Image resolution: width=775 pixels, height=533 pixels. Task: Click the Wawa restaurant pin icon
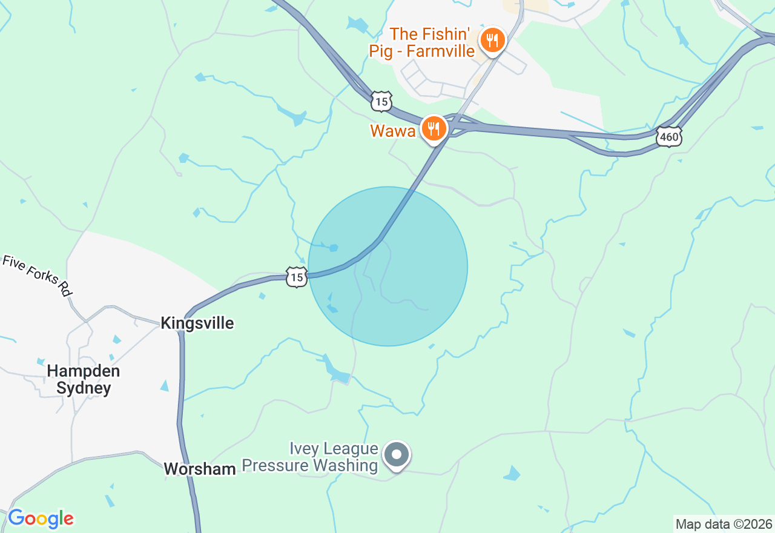[x=434, y=128]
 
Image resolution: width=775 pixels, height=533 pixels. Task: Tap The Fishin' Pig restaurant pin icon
[x=492, y=41]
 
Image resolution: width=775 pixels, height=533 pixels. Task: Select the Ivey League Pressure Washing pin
[x=397, y=454]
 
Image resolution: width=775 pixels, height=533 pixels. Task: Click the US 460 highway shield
[x=669, y=137]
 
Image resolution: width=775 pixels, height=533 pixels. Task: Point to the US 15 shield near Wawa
[x=381, y=102]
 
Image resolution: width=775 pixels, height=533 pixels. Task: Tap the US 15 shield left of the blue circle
[x=297, y=277]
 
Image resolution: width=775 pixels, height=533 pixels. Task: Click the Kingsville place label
[x=197, y=323]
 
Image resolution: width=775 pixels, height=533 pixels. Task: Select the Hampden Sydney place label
[x=84, y=379]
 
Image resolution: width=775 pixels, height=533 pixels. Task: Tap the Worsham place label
[x=200, y=469]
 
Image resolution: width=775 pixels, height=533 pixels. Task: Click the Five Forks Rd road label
[x=38, y=276]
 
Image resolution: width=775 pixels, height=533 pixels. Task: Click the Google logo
[x=41, y=519]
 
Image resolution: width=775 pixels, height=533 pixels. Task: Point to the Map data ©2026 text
[x=724, y=524]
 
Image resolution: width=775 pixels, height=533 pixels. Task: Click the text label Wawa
[x=392, y=131]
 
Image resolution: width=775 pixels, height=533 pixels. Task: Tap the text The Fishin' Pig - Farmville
[x=422, y=42]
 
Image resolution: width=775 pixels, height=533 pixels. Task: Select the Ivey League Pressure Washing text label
[x=310, y=457]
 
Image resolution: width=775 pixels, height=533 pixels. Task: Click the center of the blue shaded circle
[x=388, y=266]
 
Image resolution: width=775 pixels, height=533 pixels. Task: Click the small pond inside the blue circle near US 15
[x=333, y=248]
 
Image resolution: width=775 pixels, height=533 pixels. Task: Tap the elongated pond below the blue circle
[x=334, y=370]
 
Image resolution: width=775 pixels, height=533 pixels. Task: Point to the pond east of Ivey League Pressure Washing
[x=512, y=473]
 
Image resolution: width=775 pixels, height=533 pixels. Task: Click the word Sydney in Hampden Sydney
[x=84, y=388]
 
